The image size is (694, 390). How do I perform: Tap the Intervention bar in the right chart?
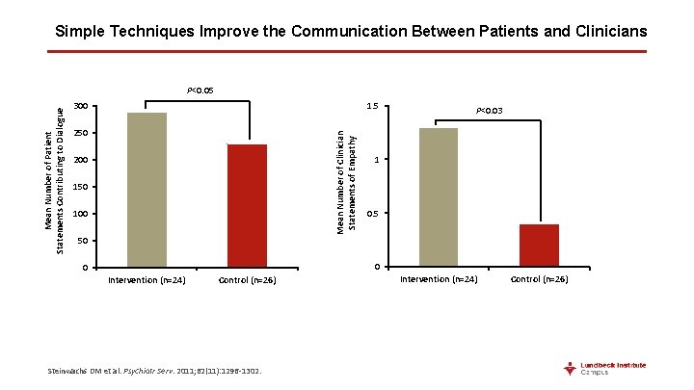pos(439,196)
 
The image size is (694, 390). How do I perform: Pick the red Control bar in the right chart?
pos(539,245)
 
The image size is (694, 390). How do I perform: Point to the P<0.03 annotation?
pos(490,112)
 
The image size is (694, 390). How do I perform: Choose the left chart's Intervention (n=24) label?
pos(147,280)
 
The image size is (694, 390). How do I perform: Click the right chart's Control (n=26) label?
pos(539,279)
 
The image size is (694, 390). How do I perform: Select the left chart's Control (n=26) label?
pos(248,280)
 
